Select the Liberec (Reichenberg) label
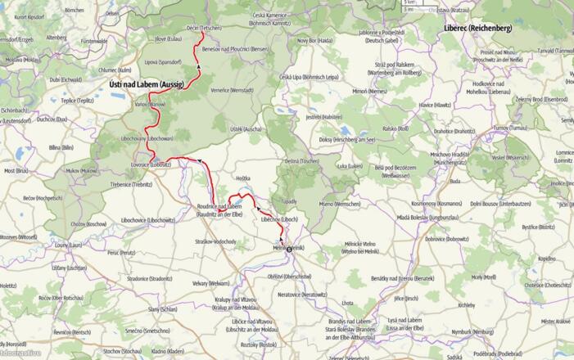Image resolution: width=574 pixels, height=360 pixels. (x=477, y=28)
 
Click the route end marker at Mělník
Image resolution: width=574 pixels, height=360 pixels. (x=288, y=248)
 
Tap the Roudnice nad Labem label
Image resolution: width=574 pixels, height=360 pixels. (x=219, y=206)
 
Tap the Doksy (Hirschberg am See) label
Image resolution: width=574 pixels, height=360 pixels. (x=346, y=140)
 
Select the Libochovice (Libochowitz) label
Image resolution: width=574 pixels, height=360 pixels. (x=148, y=220)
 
